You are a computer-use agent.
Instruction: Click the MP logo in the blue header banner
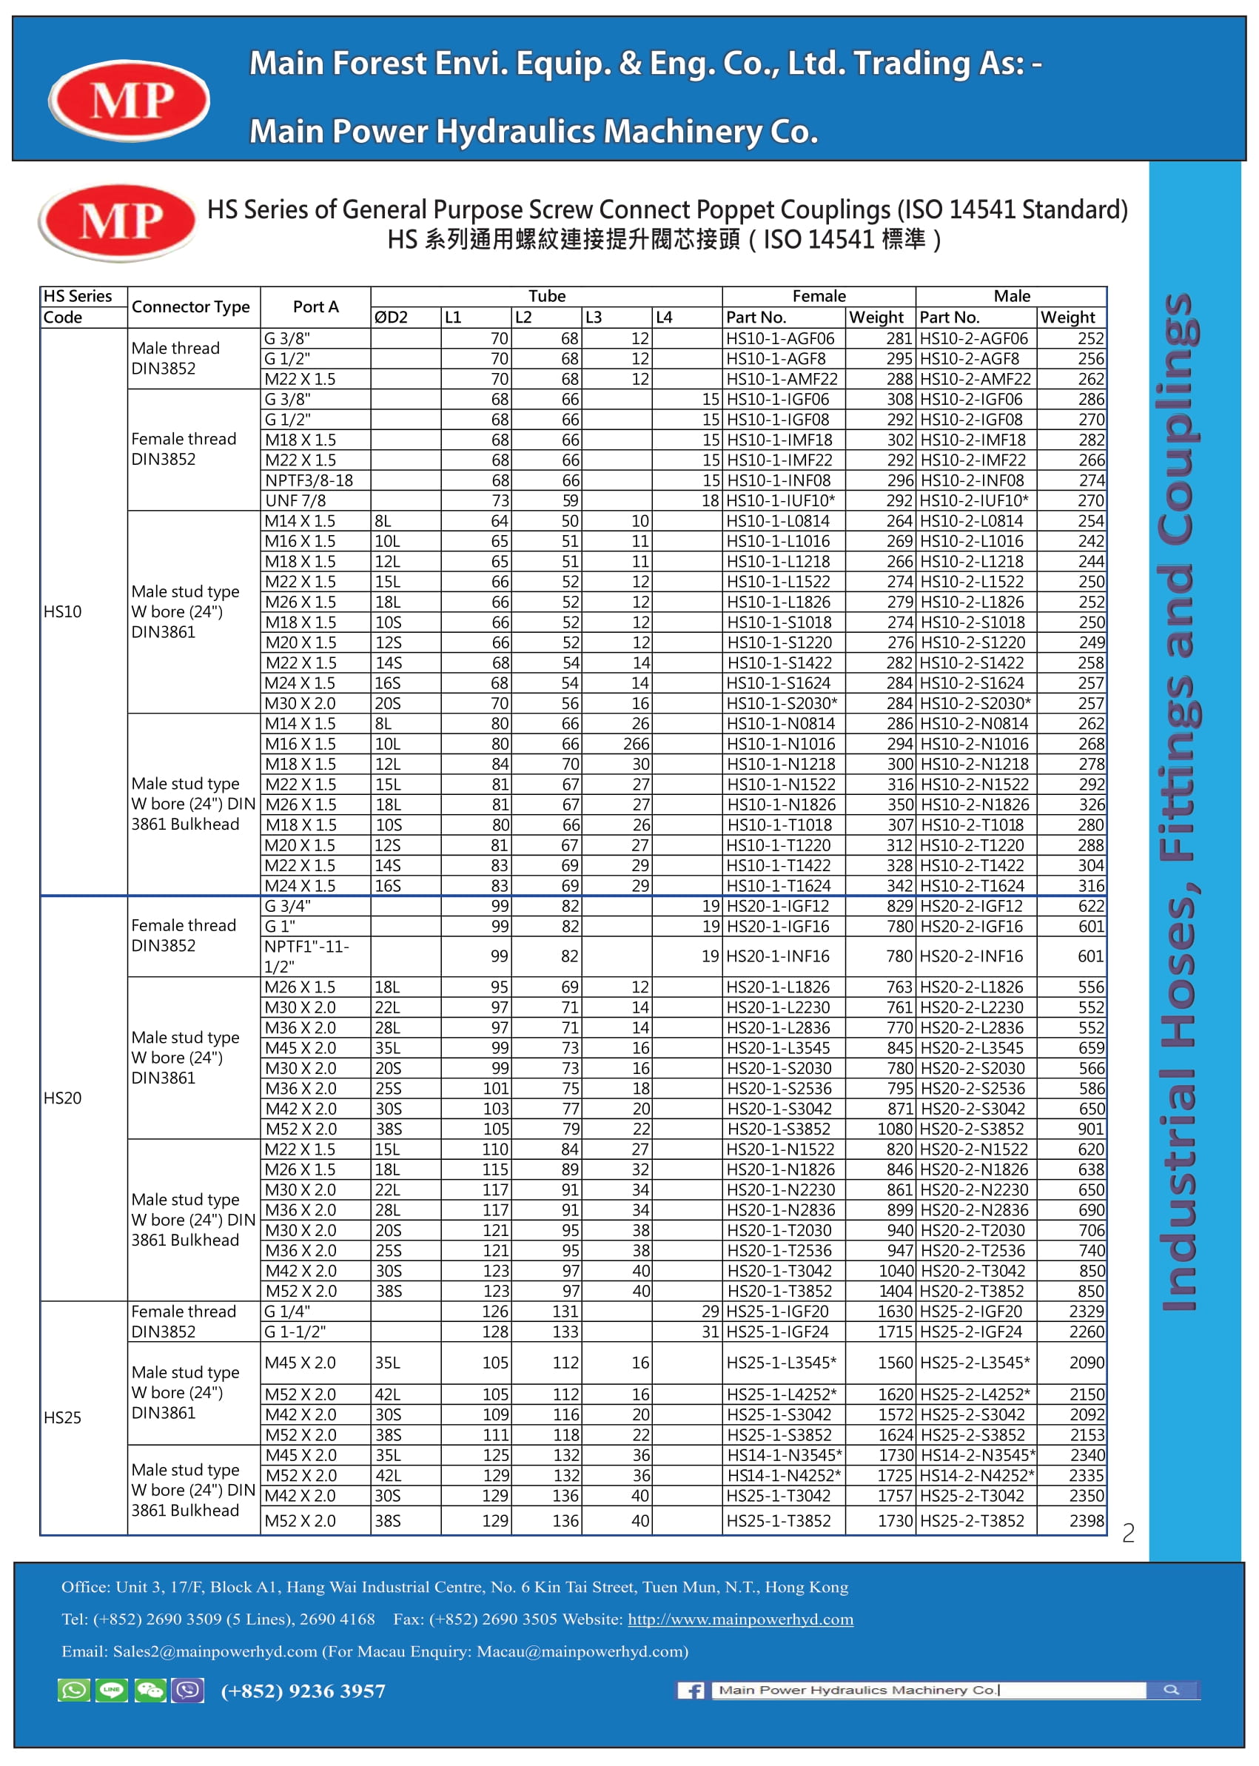tap(129, 100)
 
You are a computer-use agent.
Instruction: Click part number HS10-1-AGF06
tap(780, 339)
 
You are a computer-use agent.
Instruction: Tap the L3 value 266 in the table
tap(636, 745)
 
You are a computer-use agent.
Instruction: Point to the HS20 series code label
tap(63, 1098)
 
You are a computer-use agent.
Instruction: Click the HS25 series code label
tap(63, 1417)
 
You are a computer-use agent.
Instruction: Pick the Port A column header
tap(315, 307)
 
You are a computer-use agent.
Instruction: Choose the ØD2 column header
tap(392, 317)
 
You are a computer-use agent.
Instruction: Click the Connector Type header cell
tap(191, 307)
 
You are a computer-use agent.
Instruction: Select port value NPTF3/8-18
tap(309, 480)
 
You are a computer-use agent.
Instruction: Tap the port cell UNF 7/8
tap(295, 501)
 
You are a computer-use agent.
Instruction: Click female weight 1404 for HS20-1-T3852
tap(896, 1291)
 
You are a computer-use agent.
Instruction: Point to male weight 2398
tap(1086, 1520)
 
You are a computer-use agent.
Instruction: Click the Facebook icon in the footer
tap(691, 1690)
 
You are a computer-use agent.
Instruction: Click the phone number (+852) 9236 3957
tap(303, 1691)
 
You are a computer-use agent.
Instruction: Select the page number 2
tap(1128, 1533)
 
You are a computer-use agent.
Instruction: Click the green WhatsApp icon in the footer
tap(75, 1690)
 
